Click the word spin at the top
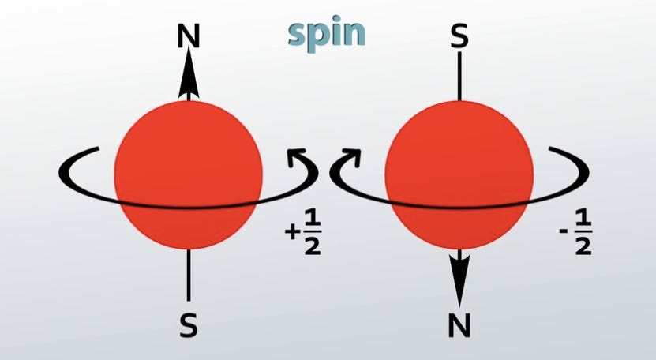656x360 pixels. coord(325,34)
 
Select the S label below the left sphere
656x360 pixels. coord(188,324)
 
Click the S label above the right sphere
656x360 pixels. coord(459,36)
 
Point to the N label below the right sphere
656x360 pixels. coord(459,324)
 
